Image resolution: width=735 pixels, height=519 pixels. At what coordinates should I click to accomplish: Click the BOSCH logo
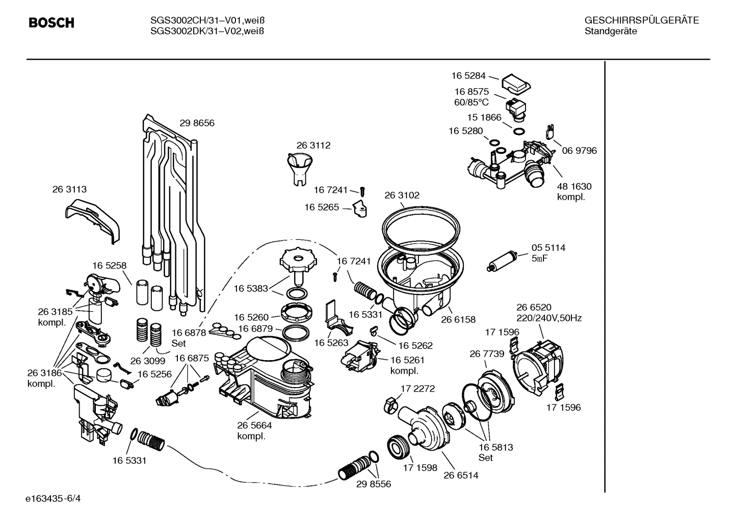pyautogui.click(x=51, y=23)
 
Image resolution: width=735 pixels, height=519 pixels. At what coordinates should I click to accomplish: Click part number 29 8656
pyautogui.click(x=197, y=123)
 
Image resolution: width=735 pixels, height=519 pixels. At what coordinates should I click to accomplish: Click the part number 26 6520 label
pyautogui.click(x=534, y=307)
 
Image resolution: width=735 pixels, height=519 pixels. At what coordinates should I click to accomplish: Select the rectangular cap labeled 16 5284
pyautogui.click(x=516, y=84)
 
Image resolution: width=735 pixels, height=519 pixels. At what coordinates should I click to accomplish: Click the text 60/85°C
pyautogui.click(x=471, y=102)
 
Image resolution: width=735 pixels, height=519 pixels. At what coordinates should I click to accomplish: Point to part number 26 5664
pyautogui.click(x=254, y=426)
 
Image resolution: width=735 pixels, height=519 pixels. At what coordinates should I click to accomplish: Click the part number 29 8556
pyautogui.click(x=374, y=484)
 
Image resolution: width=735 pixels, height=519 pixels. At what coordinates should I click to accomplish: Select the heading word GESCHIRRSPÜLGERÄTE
pyautogui.click(x=641, y=20)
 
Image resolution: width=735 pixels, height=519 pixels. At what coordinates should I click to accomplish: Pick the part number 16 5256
pyautogui.click(x=154, y=374)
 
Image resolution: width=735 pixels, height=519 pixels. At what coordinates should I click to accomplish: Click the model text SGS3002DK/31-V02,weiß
pyautogui.click(x=207, y=31)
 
